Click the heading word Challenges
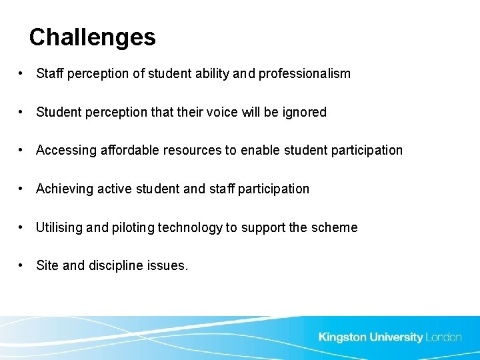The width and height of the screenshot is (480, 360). click(92, 37)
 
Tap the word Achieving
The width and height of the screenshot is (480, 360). click(65, 189)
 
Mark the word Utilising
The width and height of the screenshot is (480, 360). click(60, 228)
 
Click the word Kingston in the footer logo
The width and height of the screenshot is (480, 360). click(343, 337)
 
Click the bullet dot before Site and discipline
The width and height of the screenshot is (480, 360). click(22, 266)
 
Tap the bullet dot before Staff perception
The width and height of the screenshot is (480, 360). click(22, 74)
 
